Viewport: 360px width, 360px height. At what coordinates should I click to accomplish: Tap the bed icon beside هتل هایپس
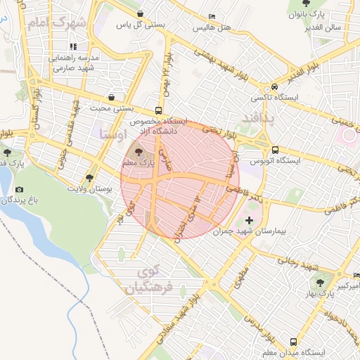(x=212, y=16)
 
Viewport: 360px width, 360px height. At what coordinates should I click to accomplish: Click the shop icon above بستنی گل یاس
(x=141, y=13)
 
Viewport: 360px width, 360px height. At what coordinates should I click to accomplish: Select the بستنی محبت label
(x=112, y=108)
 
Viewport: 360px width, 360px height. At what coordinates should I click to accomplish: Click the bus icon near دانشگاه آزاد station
(x=159, y=110)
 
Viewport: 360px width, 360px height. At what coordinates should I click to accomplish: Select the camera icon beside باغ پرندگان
(x=18, y=189)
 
